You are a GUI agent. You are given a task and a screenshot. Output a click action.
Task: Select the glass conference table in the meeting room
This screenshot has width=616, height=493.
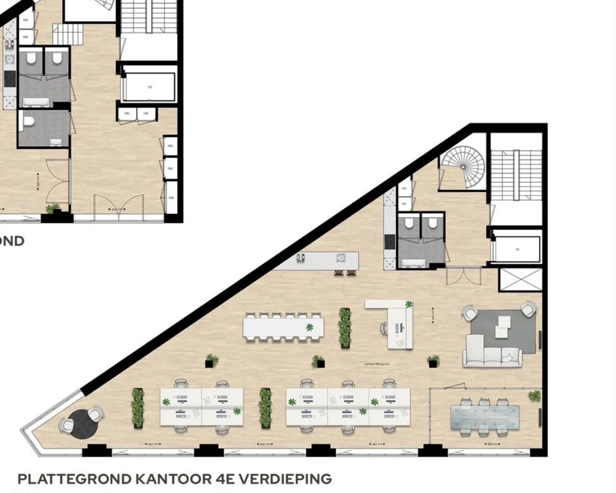point(485,417)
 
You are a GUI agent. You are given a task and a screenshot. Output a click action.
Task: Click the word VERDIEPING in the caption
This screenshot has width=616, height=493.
point(285,479)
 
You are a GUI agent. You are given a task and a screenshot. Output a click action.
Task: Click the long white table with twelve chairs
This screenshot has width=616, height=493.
point(283,327)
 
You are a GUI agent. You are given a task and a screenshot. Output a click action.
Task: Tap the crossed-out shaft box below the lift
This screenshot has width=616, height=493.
point(520,280)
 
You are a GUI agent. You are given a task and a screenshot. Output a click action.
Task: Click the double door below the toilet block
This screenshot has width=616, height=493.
point(463,276)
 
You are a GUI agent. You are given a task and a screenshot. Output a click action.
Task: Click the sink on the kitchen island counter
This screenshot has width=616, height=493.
point(340,258)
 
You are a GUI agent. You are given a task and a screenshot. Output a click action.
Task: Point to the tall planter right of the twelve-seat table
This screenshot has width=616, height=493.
point(345,328)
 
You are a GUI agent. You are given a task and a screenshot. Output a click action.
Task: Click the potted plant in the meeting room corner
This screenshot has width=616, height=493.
point(534,396)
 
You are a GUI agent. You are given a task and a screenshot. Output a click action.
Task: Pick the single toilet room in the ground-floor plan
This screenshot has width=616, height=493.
point(43,128)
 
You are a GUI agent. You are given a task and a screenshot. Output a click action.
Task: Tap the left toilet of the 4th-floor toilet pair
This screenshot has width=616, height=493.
point(409,224)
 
